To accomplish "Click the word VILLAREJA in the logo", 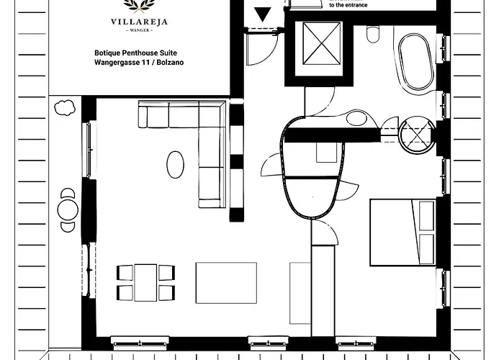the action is [x=139, y=22].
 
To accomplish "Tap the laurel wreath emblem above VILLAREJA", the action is [x=140, y=6].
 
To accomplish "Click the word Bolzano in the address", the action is [x=170, y=63].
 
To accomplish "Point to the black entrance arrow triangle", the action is [x=263, y=14].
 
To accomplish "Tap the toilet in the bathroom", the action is [x=373, y=34].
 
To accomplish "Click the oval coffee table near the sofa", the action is [x=175, y=165].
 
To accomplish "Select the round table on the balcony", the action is [x=68, y=210].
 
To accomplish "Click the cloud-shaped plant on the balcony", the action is [x=65, y=108].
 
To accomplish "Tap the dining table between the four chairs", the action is [x=145, y=282].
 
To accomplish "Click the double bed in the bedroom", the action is [x=402, y=233].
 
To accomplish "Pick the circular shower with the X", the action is [x=417, y=135].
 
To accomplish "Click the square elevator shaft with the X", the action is [x=321, y=43].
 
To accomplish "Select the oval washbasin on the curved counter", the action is [x=356, y=118].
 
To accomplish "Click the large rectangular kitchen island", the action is [x=226, y=283].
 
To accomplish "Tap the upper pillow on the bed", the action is [x=426, y=216].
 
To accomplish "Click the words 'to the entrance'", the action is [x=348, y=5].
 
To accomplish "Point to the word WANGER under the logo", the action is [x=140, y=30].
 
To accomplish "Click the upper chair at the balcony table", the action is [x=68, y=193].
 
